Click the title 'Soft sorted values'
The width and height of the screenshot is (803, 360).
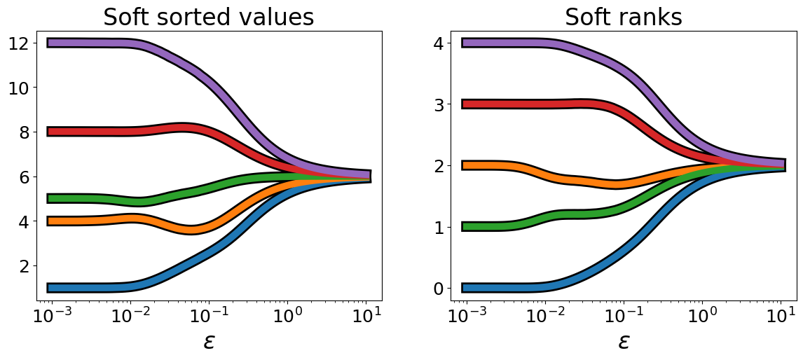pyautogui.click(x=208, y=18)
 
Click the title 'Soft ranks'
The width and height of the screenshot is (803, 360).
pyautogui.click(x=623, y=18)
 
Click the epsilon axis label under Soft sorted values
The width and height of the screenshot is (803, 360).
pyautogui.click(x=209, y=341)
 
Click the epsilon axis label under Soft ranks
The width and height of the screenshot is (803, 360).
pyautogui.click(x=624, y=341)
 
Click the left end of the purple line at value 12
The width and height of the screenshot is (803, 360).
pyautogui.click(x=49, y=43)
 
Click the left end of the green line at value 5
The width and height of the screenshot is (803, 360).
pyautogui.click(x=49, y=198)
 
